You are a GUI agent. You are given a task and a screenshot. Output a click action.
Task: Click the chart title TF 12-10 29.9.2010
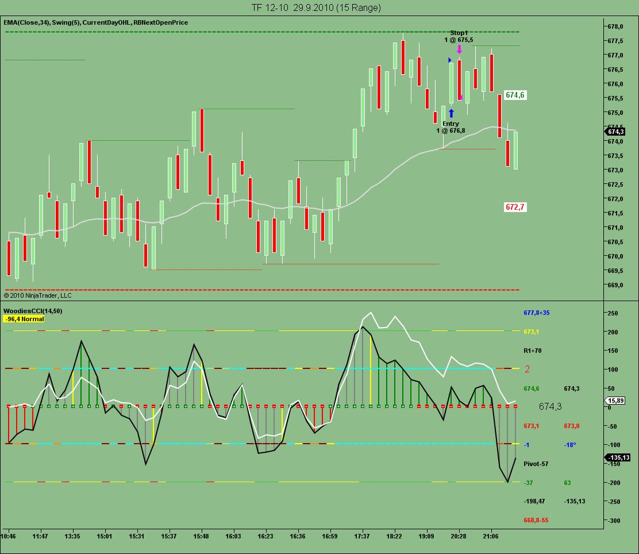[x=316, y=7]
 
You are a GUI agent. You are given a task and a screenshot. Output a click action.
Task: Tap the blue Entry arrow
[x=451, y=113]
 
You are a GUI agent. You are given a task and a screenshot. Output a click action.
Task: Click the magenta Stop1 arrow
[x=459, y=49]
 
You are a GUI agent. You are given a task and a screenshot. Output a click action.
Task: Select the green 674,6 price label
[x=515, y=95]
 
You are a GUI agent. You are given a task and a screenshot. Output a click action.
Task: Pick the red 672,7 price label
[x=515, y=207]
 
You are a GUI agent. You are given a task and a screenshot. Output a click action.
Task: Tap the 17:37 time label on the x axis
[x=362, y=536]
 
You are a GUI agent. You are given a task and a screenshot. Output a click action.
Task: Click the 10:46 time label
[x=9, y=536]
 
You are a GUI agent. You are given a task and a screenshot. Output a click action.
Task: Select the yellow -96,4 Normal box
[x=24, y=318]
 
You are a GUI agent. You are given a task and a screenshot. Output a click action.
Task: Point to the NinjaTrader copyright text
[x=38, y=295]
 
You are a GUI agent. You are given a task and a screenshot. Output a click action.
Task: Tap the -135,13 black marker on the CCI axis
[x=622, y=457]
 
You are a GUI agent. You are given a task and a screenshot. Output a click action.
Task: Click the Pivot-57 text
[x=536, y=463]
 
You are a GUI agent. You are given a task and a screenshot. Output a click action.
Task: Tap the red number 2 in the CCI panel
[x=527, y=369]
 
